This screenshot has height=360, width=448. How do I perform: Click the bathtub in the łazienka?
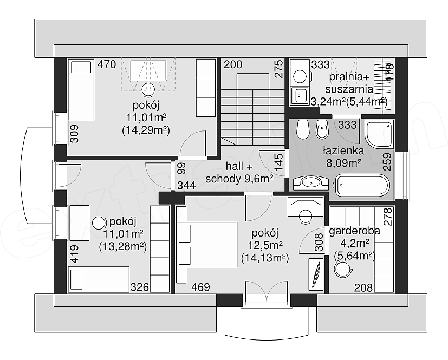click(x=362, y=185)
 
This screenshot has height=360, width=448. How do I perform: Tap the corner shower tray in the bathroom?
click(x=379, y=134)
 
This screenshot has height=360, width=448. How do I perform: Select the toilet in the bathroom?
click(x=303, y=129)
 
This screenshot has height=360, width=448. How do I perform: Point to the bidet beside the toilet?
click(x=322, y=129)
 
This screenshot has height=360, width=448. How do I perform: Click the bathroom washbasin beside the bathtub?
click(x=311, y=183)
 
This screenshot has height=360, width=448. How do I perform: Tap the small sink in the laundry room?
click(x=300, y=95)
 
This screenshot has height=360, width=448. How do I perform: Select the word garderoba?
click(x=355, y=231)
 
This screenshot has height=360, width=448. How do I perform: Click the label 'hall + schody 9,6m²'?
click(x=239, y=173)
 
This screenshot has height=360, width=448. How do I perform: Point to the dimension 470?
click(x=107, y=64)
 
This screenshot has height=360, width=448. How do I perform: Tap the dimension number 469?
click(x=200, y=287)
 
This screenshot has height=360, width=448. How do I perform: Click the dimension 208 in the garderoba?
click(x=363, y=287)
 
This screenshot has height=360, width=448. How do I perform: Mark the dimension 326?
click(x=140, y=287)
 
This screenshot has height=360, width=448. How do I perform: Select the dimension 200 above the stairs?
click(x=233, y=64)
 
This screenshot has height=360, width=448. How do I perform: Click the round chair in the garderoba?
click(x=342, y=269)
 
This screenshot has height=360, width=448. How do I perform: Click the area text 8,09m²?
click(x=343, y=163)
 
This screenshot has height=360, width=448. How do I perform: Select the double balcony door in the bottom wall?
click(x=267, y=293)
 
